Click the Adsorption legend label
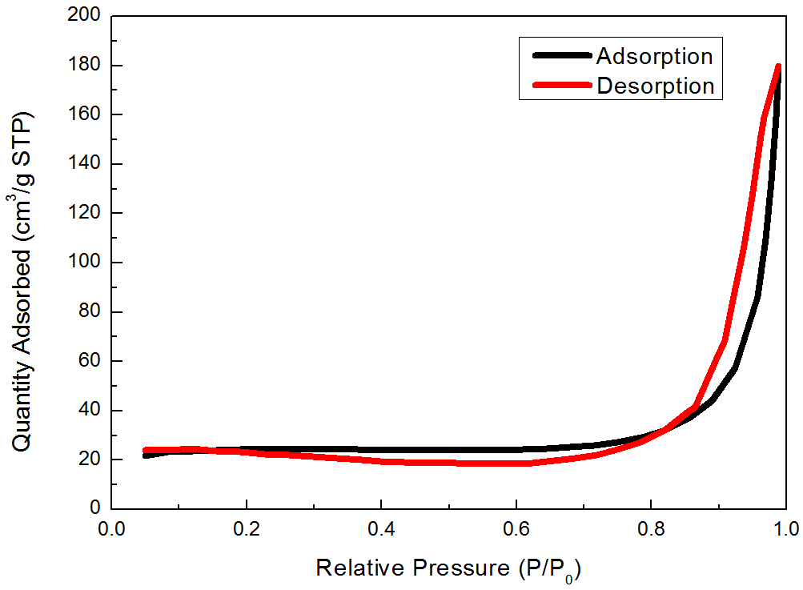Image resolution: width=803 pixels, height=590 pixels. (654, 56)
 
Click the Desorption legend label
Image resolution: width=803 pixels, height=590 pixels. (656, 85)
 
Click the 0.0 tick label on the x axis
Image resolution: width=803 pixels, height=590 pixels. (112, 529)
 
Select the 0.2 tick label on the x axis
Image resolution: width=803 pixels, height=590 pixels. (247, 529)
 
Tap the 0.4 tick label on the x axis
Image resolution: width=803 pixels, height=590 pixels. (381, 529)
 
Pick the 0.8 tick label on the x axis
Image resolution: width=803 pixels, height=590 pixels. (651, 529)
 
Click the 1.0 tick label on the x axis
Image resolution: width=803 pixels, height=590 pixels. (785, 529)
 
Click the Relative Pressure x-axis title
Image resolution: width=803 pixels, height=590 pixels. (448, 569)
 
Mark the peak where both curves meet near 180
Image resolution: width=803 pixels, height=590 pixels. (778, 66)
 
